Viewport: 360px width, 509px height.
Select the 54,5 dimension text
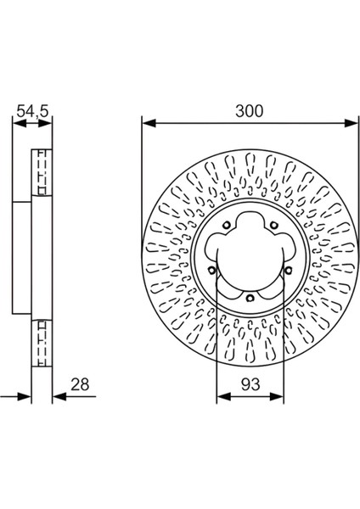click(31, 110)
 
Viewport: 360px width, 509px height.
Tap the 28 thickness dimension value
click(80, 385)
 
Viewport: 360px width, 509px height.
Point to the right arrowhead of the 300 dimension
click(353, 123)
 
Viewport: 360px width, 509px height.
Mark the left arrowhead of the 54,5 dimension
click(16, 123)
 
